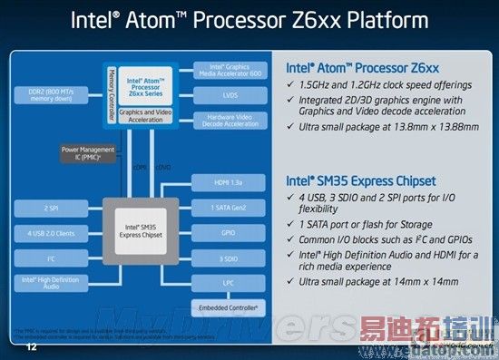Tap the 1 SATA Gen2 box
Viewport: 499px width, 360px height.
pyautogui.click(x=229, y=209)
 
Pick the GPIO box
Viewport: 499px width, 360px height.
pyautogui.click(x=229, y=232)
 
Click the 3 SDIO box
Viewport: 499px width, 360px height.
pyautogui.click(x=229, y=258)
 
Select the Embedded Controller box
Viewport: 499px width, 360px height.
pyautogui.click(x=229, y=308)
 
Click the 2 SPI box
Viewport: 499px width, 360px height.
pyautogui.click(x=50, y=208)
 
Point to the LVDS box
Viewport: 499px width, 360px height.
pyautogui.click(x=229, y=94)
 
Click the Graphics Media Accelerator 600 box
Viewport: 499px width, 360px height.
pyautogui.click(x=229, y=70)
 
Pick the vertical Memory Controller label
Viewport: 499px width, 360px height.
pyautogui.click(x=112, y=89)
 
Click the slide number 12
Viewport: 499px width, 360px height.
pyautogui.click(x=33, y=347)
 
